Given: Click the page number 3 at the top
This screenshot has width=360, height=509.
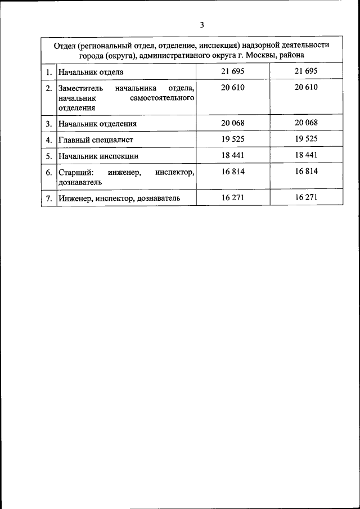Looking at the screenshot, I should pyautogui.click(x=201, y=24).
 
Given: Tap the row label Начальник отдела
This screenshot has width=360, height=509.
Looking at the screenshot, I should pyautogui.click(x=91, y=73).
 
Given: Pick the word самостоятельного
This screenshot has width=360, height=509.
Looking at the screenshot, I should pyautogui.click(x=161, y=97).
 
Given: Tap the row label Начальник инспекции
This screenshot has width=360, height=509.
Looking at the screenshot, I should pyautogui.click(x=97, y=156).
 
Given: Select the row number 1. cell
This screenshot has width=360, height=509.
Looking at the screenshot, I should pyautogui.click(x=49, y=73).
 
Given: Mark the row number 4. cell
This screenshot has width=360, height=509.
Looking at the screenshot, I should pyautogui.click(x=49, y=140).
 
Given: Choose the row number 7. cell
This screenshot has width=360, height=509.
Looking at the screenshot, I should pyautogui.click(x=49, y=198).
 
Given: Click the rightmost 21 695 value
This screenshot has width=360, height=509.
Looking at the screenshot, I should pyautogui.click(x=306, y=71).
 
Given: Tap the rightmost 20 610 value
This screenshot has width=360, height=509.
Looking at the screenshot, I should pyautogui.click(x=306, y=88).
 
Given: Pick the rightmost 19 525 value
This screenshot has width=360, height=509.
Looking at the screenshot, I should pyautogui.click(x=306, y=139).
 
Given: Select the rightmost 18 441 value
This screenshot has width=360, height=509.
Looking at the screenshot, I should pyautogui.click(x=306, y=155).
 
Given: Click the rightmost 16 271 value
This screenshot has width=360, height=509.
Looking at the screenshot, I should pyautogui.click(x=306, y=197).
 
